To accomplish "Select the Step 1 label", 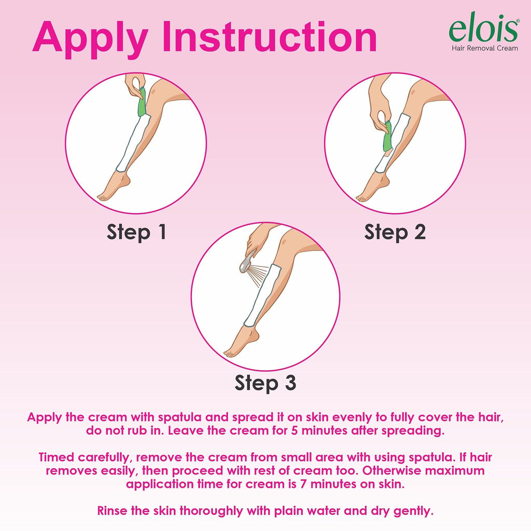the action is click(136, 232).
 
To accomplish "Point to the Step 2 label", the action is click(395, 232).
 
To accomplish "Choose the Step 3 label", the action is click(265, 383).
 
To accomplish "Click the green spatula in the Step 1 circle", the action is click(142, 102).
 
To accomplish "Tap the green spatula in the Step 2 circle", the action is click(387, 136).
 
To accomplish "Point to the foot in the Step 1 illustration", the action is click(114, 186).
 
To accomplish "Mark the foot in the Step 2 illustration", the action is click(372, 187).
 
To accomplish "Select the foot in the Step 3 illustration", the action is click(241, 341).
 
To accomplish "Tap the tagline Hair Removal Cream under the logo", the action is click(485, 48).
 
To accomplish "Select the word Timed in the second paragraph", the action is click(56, 457).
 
